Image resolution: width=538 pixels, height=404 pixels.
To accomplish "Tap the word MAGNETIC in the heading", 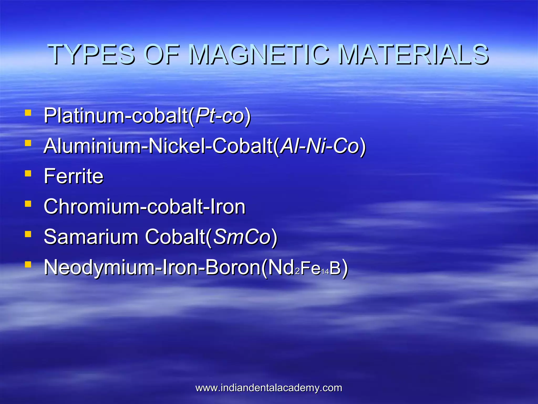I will pyautogui.click(x=259, y=54).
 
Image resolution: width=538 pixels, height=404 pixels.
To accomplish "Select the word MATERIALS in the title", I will pyautogui.click(x=413, y=54).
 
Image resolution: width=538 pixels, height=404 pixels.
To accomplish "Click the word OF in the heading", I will pyautogui.click(x=163, y=54).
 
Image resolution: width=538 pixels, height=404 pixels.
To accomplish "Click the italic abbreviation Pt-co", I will pyautogui.click(x=220, y=116).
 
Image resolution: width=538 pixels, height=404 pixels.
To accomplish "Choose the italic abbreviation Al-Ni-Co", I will pyautogui.click(x=319, y=146).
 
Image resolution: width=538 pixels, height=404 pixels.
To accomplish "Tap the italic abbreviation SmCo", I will pyautogui.click(x=242, y=237).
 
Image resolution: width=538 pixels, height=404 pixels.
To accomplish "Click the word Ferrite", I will pyautogui.click(x=74, y=176).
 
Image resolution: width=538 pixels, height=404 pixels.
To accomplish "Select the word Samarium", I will pyautogui.click(x=91, y=237).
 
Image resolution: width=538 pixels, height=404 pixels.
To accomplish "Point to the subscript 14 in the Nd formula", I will pyautogui.click(x=325, y=271).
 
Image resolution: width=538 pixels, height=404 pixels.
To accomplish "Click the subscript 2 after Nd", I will pyautogui.click(x=297, y=271).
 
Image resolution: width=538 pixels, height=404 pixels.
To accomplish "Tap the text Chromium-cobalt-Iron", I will pyautogui.click(x=144, y=206).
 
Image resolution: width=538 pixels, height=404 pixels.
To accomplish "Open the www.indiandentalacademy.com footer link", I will pyautogui.click(x=269, y=388).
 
